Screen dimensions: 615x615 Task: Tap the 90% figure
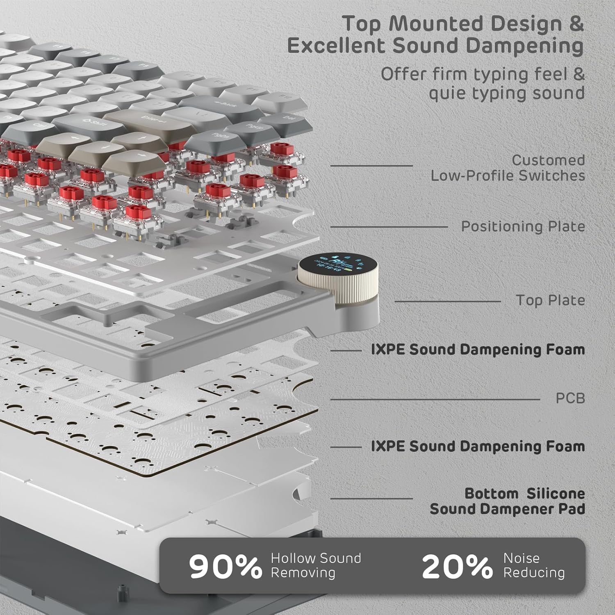225,566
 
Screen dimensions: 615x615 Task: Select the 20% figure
457,566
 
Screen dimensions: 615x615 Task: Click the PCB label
570,398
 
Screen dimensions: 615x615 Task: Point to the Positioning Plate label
523,226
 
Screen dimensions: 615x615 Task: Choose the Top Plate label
550,300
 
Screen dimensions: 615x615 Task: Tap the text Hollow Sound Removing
315,565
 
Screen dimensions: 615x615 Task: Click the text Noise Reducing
533,565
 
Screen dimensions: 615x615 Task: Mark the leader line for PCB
435,399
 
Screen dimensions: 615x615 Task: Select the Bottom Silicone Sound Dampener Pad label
507,501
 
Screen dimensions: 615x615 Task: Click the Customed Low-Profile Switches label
508,168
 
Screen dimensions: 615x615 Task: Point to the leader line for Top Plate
447,301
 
